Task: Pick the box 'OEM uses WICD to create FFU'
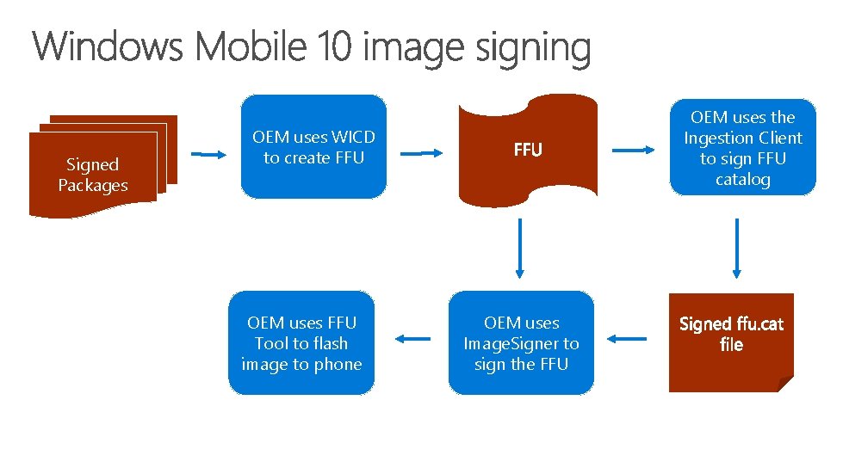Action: [x=313, y=147]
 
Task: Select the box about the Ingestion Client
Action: [x=742, y=148]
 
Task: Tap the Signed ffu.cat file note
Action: [x=731, y=342]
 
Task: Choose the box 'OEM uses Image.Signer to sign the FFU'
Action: [x=521, y=343]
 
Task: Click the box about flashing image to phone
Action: [x=301, y=343]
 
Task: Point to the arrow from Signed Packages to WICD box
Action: [x=208, y=155]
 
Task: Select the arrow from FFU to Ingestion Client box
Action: [x=636, y=150]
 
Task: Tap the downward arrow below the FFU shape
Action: [x=521, y=249]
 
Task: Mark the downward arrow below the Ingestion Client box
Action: [x=736, y=249]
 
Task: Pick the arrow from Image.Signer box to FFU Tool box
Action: [x=415, y=338]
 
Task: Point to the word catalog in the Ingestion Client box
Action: [x=742, y=180]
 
